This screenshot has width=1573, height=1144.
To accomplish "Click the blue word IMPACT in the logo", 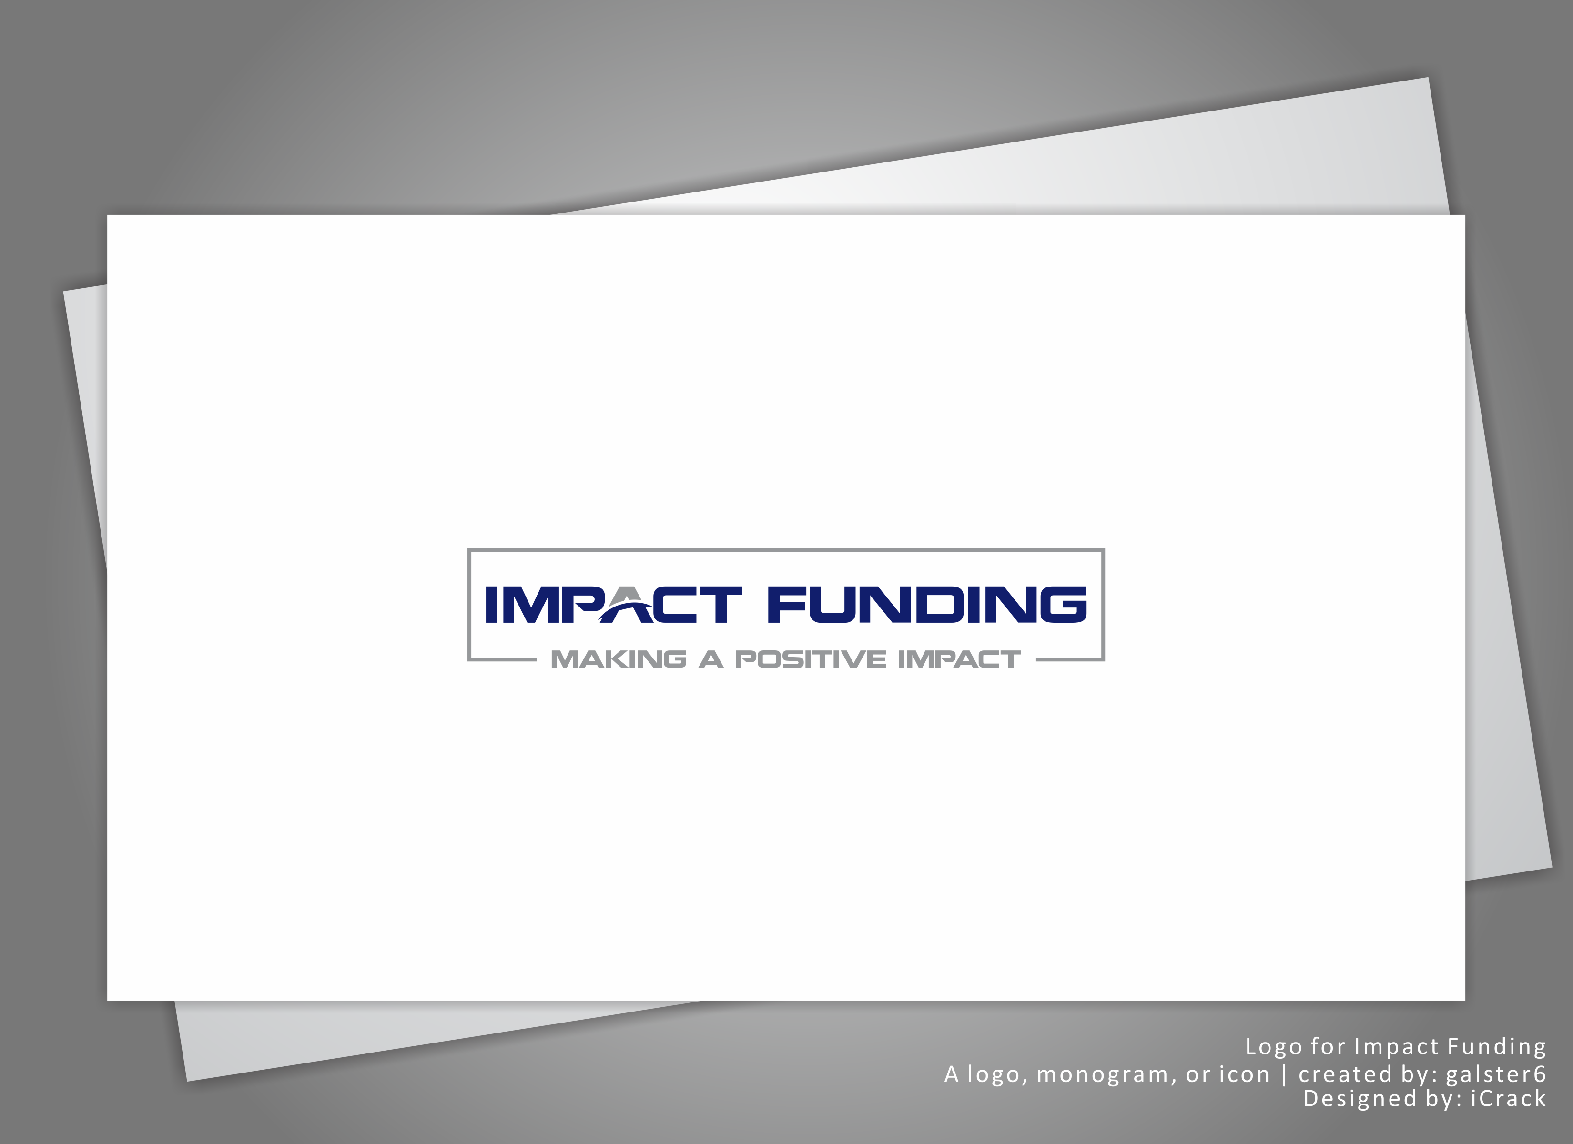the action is [613, 605].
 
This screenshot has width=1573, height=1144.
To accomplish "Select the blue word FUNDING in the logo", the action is [927, 605].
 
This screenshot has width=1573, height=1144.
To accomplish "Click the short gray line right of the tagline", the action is [1069, 659].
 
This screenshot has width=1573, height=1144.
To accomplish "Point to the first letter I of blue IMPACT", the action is [492, 605].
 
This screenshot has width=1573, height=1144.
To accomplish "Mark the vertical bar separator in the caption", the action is [1285, 1074].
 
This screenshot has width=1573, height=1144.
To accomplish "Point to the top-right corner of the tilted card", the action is [1429, 78].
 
